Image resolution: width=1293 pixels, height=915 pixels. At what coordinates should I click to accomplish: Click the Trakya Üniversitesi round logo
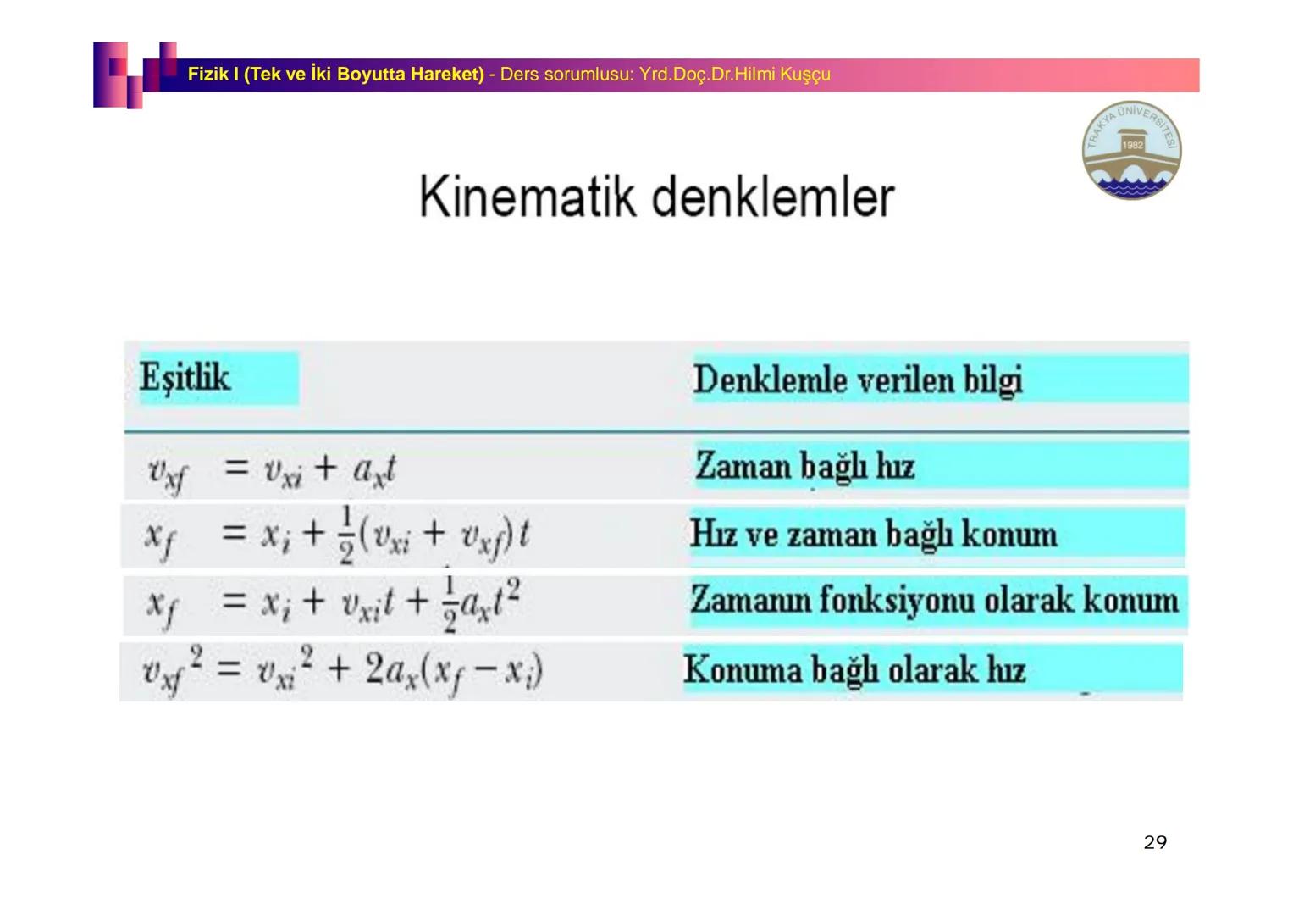pos(1131,151)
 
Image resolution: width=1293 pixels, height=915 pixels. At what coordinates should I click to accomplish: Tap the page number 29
pos(1155,842)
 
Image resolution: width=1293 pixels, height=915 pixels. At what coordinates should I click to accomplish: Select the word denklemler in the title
pos(773,197)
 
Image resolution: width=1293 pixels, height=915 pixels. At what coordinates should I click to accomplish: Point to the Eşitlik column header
pos(185,377)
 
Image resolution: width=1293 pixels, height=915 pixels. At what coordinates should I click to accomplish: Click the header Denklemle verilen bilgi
pos(858,380)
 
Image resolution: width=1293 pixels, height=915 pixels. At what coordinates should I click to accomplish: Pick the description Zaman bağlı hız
pos(804,466)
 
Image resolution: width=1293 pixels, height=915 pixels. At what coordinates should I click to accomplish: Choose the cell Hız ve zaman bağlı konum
pos(873,535)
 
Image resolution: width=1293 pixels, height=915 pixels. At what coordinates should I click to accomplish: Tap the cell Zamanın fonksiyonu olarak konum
pos(934,601)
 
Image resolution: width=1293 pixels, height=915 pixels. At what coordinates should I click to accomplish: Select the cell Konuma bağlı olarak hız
pos(854,670)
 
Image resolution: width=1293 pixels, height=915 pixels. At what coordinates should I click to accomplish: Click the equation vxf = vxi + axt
pos(272,470)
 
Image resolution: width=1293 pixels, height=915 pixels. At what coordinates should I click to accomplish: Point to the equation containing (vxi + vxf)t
pos(337,535)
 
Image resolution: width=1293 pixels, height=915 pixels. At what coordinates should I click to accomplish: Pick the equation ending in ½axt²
pos(333,602)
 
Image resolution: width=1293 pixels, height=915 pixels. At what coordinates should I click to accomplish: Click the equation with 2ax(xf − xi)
pos(342,670)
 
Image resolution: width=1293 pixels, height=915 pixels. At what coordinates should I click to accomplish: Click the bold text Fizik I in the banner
pos(213,75)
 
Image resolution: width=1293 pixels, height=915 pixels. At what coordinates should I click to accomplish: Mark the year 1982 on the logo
pos(1132,145)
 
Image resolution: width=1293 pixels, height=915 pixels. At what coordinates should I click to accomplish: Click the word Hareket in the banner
pos(446,75)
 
